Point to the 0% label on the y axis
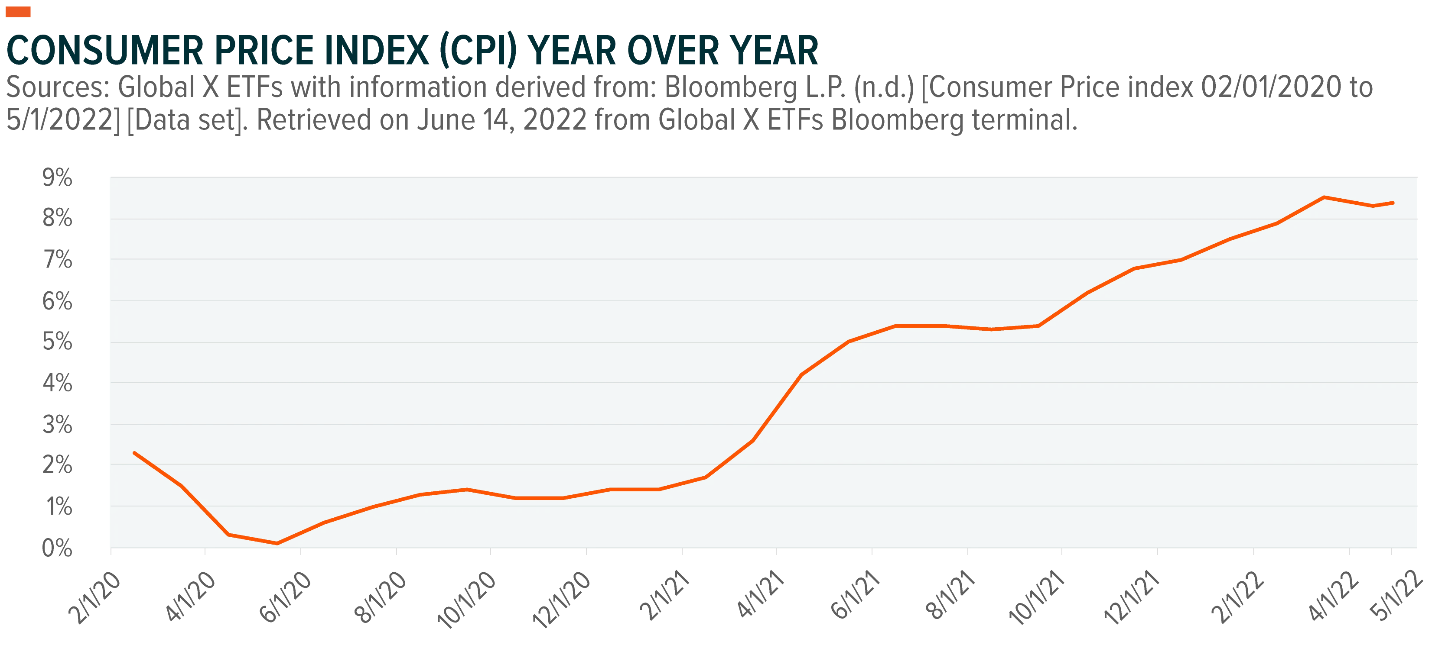tap(57, 548)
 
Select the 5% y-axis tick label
tap(57, 342)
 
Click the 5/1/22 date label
tap(1397, 596)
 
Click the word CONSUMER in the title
tap(105, 51)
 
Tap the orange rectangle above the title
tap(18, 12)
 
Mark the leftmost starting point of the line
tap(134, 453)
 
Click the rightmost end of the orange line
tap(1393, 203)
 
